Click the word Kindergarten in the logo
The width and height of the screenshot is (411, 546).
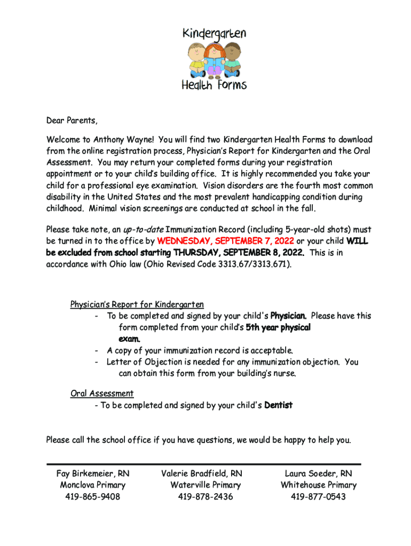(215, 35)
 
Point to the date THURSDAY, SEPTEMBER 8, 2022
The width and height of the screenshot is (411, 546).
(239, 252)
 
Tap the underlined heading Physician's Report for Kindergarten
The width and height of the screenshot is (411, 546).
(137, 304)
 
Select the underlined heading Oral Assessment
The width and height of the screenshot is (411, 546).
(102, 394)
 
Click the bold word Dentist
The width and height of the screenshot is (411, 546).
(278, 405)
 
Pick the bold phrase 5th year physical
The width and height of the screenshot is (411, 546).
(278, 327)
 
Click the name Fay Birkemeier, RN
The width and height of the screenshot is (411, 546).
(93, 473)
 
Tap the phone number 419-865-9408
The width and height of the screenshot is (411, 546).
(93, 497)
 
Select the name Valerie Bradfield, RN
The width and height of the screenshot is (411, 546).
(202, 473)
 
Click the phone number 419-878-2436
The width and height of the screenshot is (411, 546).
(205, 497)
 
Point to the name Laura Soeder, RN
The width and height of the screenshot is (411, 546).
(318, 473)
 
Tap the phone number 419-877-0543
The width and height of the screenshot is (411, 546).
(318, 497)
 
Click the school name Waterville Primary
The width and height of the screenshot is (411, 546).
(205, 485)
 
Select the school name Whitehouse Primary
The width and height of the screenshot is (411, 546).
(318, 485)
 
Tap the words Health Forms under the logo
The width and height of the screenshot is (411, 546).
(214, 85)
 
